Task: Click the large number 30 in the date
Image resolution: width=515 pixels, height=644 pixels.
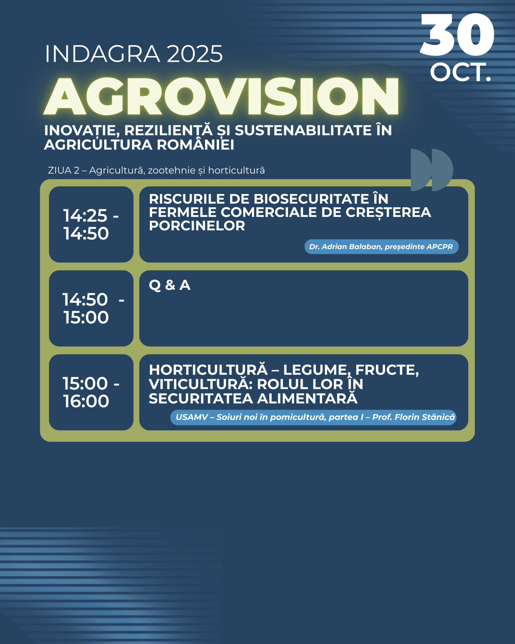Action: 457,35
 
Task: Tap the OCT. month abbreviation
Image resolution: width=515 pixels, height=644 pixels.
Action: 460,72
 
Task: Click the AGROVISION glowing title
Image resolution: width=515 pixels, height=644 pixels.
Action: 221,96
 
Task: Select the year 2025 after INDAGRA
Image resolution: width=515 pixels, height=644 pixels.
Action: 195,54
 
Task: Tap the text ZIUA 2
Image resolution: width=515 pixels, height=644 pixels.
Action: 64,170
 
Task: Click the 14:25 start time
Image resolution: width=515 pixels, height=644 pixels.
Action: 85,215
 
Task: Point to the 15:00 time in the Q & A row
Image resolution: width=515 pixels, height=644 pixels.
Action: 86,317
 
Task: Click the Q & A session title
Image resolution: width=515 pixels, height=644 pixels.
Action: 169,285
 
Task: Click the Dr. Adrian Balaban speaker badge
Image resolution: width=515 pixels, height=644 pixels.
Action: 381,247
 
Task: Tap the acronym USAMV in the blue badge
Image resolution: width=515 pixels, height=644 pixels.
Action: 192,417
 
